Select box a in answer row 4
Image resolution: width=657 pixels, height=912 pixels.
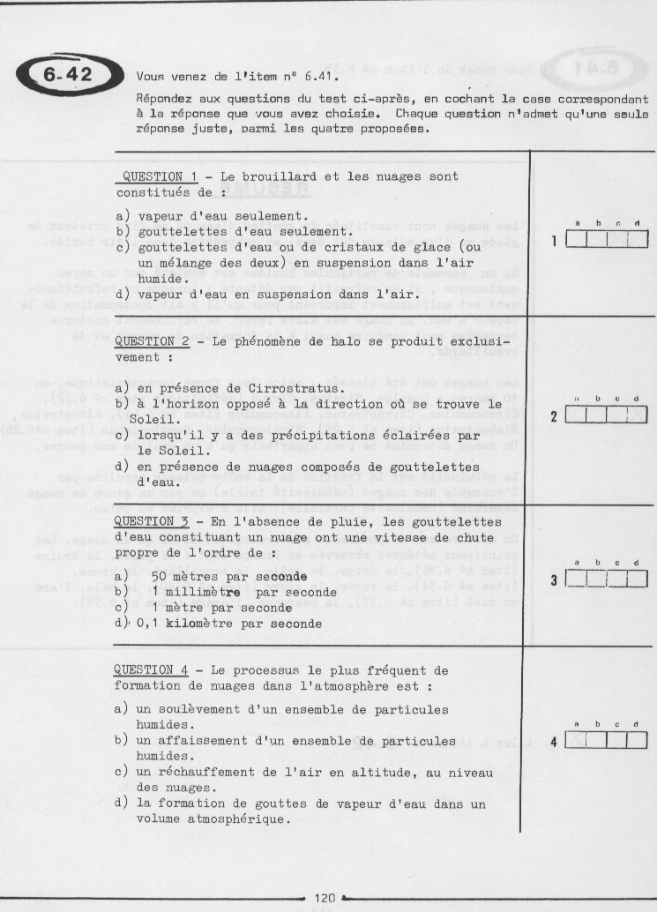tap(576, 741)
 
